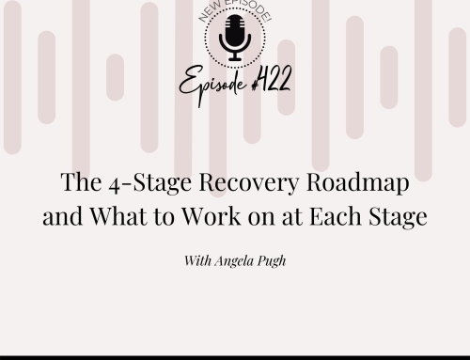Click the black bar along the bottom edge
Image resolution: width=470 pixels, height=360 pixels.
point(235,355)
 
